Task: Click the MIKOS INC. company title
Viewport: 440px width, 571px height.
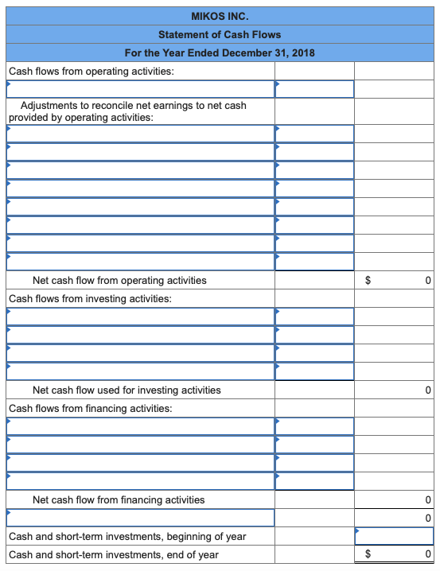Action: point(220,15)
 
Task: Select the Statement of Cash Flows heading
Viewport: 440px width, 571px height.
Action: point(220,34)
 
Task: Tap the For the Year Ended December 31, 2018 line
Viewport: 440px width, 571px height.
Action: point(220,52)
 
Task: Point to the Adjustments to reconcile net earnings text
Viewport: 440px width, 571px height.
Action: point(133,106)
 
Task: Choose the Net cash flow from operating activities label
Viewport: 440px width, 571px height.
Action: point(119,280)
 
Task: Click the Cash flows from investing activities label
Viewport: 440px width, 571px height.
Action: point(90,299)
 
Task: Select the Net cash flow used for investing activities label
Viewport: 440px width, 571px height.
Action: point(127,390)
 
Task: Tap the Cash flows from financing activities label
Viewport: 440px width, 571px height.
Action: point(90,408)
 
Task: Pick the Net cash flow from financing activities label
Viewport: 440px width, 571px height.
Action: point(119,499)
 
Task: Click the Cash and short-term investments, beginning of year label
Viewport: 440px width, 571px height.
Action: point(127,536)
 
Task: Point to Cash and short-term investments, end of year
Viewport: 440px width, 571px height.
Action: point(114,554)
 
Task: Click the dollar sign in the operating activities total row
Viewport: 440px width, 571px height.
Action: point(368,280)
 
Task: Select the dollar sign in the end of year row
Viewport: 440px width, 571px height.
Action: point(368,554)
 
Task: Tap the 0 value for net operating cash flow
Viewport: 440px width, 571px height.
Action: point(427,280)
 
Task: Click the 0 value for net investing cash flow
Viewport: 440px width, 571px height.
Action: point(427,390)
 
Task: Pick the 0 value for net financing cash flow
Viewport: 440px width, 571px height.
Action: point(427,499)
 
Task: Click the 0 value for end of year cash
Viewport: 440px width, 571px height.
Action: point(427,554)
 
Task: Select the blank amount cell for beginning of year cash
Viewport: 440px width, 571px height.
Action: point(395,536)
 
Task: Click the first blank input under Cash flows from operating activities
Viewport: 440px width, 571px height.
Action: point(141,88)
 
